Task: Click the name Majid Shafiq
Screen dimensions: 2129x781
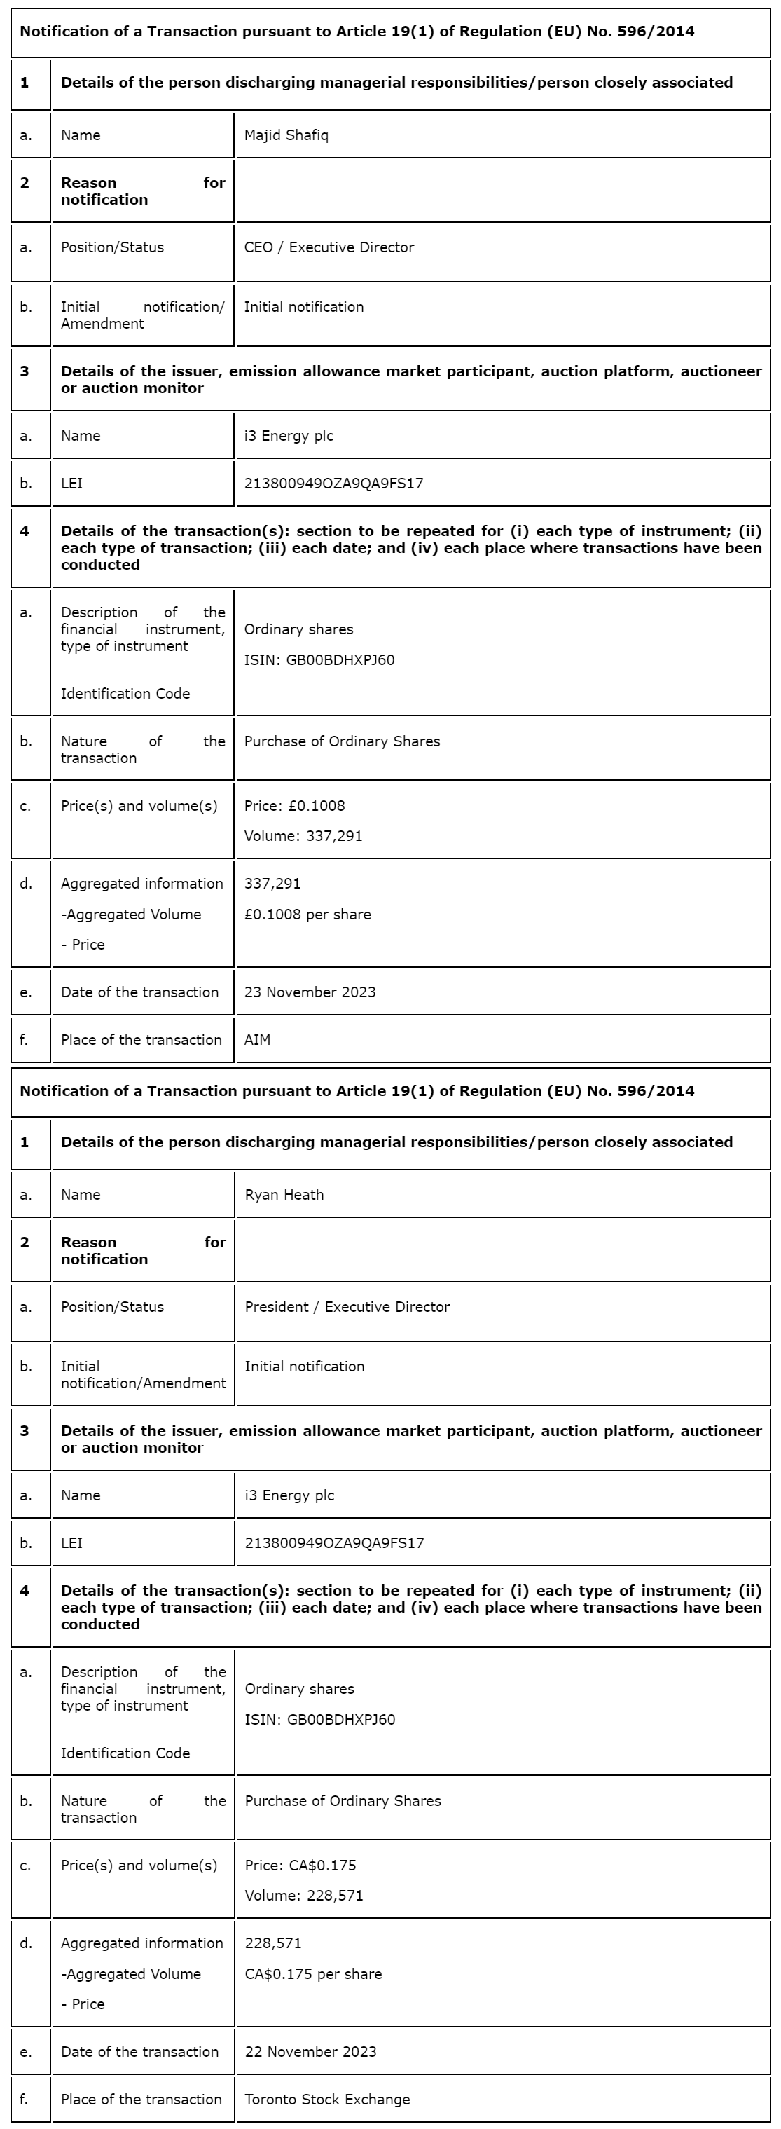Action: pos(286,135)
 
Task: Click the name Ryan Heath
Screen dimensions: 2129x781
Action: pos(284,1195)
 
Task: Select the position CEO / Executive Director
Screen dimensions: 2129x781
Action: pos(329,248)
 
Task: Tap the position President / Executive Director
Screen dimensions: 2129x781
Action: pos(347,1308)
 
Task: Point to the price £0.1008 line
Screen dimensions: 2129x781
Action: pos(294,806)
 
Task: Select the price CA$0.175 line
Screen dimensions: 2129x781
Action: pos(300,1866)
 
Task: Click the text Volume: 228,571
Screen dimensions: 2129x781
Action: pos(304,1896)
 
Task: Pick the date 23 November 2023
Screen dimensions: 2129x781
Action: pos(310,992)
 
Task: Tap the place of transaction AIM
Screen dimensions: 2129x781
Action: pos(257,1041)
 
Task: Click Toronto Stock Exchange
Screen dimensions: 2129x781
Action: pos(327,2100)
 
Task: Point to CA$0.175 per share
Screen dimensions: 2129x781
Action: pos(313,1974)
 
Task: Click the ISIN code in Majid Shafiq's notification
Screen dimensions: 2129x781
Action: pos(319,660)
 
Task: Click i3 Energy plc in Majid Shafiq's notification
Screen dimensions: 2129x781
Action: pos(289,437)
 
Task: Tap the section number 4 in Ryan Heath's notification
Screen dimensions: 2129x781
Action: pos(25,1591)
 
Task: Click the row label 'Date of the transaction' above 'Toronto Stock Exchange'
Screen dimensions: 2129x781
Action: pos(139,2052)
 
